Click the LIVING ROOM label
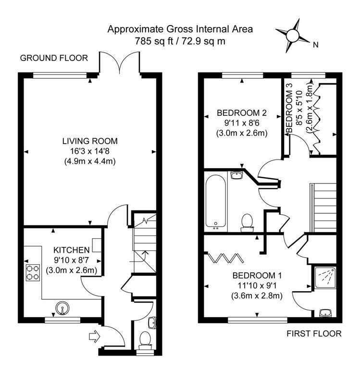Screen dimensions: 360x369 [90, 141]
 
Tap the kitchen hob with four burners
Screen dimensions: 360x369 [33, 273]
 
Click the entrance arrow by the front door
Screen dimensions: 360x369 [94, 337]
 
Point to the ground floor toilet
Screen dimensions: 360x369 [145, 341]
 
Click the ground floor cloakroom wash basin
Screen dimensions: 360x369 [152, 322]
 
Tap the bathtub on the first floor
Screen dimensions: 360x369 [216, 202]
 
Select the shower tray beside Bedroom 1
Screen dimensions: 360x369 [325, 278]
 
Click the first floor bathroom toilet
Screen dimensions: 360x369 [247, 222]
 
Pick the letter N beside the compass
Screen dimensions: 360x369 [315, 45]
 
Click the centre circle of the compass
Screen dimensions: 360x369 [292, 36]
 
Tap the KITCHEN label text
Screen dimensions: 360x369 [71, 250]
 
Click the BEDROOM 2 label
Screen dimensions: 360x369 [242, 113]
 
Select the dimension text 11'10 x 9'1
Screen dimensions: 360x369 [257, 285]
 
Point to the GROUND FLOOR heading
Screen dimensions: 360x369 [54, 58]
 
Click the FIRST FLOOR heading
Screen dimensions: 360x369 [314, 333]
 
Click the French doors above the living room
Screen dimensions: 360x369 [120, 62]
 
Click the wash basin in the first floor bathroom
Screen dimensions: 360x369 [236, 175]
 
